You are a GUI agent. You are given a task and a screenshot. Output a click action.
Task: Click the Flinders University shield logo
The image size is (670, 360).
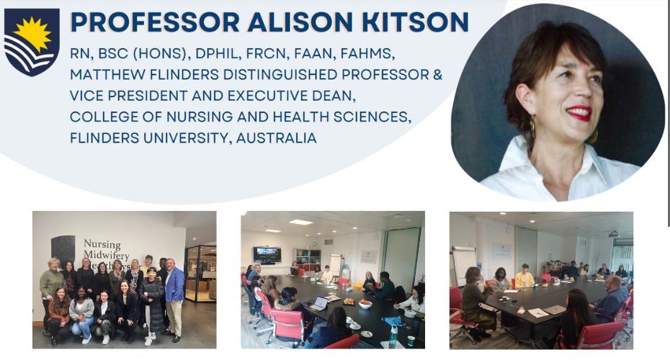(32, 42)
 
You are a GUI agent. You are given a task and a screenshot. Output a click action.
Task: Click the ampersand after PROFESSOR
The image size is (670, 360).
(437, 75)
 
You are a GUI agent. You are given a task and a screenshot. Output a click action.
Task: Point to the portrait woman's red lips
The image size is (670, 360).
(579, 114)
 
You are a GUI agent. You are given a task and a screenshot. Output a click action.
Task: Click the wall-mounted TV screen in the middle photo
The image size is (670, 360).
(267, 254)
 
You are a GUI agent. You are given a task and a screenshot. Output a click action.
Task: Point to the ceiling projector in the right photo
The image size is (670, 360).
(613, 234)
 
